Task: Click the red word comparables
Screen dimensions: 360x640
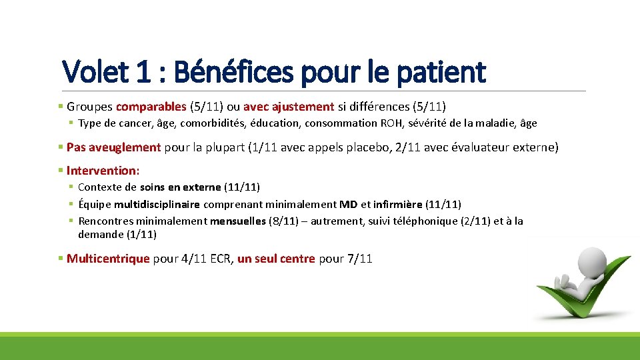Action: pyautogui.click(x=151, y=106)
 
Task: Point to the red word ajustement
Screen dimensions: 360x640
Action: pyautogui.click(x=303, y=106)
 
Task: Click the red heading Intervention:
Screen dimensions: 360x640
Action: pyautogui.click(x=103, y=171)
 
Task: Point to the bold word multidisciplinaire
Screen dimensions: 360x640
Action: pyautogui.click(x=157, y=204)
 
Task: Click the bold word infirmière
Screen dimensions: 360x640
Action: pyautogui.click(x=398, y=204)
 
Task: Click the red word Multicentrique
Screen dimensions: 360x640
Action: pyautogui.click(x=108, y=259)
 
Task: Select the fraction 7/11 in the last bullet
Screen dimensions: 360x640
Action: pyautogui.click(x=360, y=259)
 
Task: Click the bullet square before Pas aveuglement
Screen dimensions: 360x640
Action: pyautogui.click(x=61, y=147)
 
